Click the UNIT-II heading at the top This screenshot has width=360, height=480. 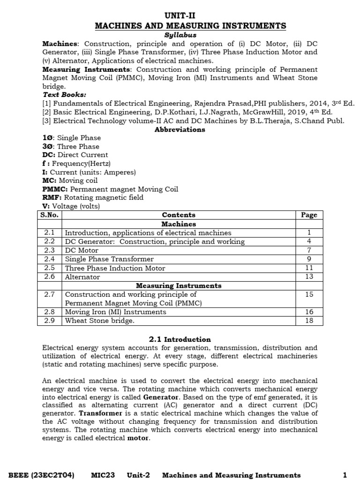pyautogui.click(x=180, y=15)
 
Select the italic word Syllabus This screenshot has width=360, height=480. pyautogui.click(x=180, y=35)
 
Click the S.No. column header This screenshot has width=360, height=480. pyautogui.click(x=49, y=215)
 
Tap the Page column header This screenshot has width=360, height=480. pyautogui.click(x=309, y=215)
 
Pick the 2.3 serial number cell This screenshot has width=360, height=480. pyautogui.click(x=49, y=250)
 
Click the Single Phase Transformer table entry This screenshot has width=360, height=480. pyautogui.click(x=109, y=259)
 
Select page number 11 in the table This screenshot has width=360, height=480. pyautogui.click(x=309, y=268)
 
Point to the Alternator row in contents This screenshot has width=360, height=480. pyautogui.click(x=82, y=277)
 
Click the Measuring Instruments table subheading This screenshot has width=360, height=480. pyautogui.click(x=179, y=285)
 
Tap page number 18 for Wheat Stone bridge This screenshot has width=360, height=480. pyautogui.click(x=309, y=321)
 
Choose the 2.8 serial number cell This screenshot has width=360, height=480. pyautogui.click(x=49, y=312)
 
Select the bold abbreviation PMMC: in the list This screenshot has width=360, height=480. pyautogui.click(x=55, y=189)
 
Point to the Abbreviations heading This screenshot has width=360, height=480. pyautogui.click(x=180, y=130)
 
